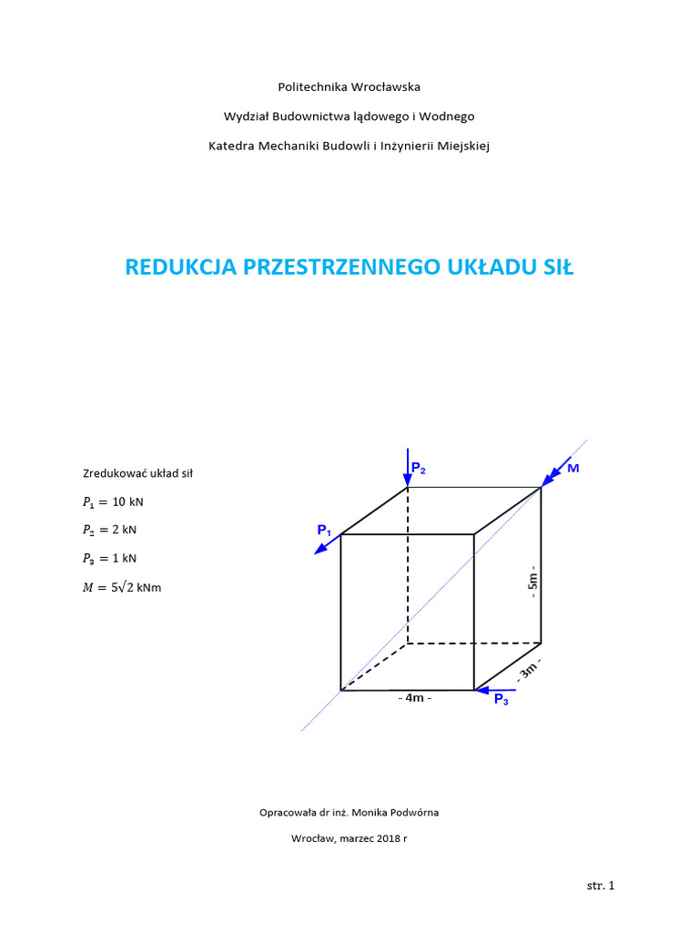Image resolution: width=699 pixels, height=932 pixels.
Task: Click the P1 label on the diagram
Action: tap(325, 530)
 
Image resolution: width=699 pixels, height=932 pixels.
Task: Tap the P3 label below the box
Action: tap(501, 700)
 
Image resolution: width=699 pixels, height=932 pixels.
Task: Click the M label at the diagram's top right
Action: tap(572, 468)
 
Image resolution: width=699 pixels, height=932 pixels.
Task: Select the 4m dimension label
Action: tap(414, 699)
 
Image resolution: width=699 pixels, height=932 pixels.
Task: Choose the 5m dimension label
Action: tap(533, 580)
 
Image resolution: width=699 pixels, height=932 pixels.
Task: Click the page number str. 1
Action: tap(601, 885)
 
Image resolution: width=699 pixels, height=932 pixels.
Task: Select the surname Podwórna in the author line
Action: tap(423, 812)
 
